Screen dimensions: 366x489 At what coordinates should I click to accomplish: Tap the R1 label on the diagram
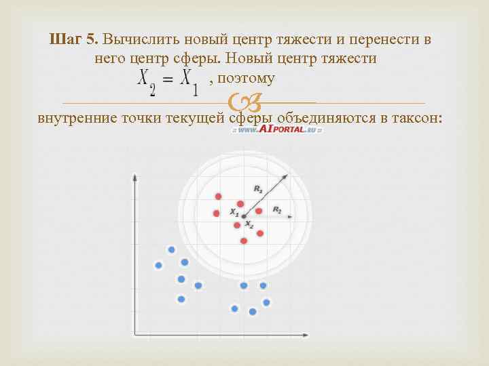258,189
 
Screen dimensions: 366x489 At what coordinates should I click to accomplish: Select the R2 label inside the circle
277,210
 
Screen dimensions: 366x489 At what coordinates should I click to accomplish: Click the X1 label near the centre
234,212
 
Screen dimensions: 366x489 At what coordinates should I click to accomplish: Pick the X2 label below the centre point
249,224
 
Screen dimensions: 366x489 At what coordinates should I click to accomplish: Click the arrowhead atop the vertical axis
134,176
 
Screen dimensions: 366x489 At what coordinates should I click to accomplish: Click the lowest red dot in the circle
244,241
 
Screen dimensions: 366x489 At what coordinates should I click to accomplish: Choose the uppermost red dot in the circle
218,197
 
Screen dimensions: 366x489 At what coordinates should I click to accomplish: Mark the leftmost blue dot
158,265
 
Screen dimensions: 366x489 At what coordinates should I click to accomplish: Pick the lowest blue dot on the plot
253,312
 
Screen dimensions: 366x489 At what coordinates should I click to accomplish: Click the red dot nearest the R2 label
259,211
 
